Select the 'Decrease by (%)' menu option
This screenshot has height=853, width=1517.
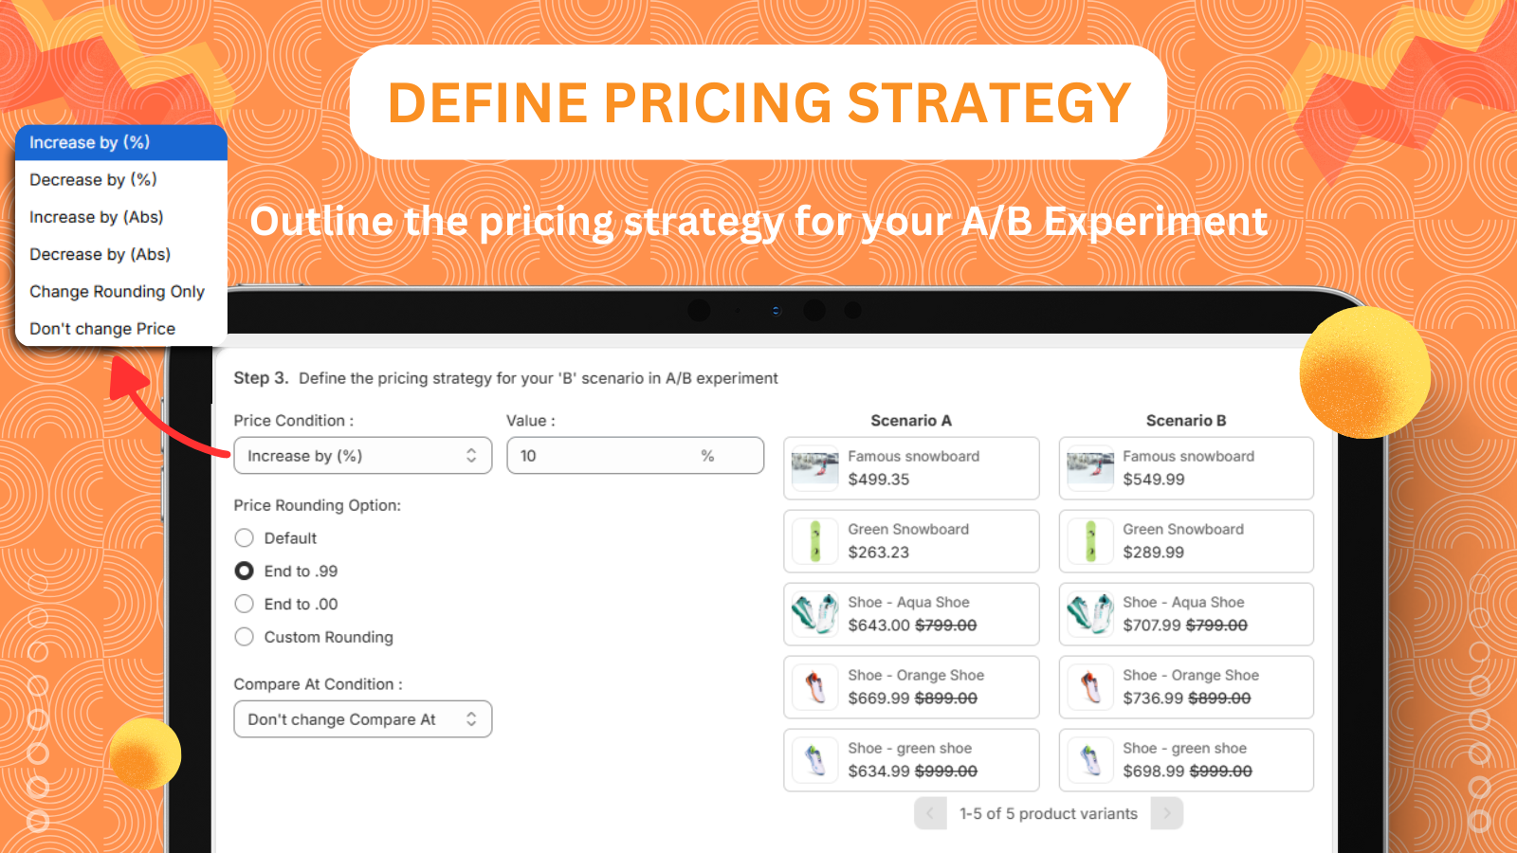93,180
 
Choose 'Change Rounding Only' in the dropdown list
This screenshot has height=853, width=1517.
117,292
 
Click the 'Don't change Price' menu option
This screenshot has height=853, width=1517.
102,329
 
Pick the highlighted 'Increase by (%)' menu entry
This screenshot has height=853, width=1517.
90,142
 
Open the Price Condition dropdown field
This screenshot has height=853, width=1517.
362,456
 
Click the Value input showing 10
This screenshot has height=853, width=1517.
607,456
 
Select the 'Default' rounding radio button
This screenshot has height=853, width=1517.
245,538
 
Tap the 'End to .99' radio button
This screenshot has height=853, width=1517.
245,571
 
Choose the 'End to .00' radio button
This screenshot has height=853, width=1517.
245,604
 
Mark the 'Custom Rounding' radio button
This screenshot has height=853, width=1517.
245,637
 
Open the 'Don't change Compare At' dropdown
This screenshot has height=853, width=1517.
362,719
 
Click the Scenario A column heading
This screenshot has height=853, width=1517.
910,421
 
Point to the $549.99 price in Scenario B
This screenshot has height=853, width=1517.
1153,480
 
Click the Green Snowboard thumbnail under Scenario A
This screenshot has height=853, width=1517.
815,541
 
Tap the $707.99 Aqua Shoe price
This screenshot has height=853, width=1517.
1151,626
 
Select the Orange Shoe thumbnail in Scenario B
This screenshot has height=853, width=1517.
1090,687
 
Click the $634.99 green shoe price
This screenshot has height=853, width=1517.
879,771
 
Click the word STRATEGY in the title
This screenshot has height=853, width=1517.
989,102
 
